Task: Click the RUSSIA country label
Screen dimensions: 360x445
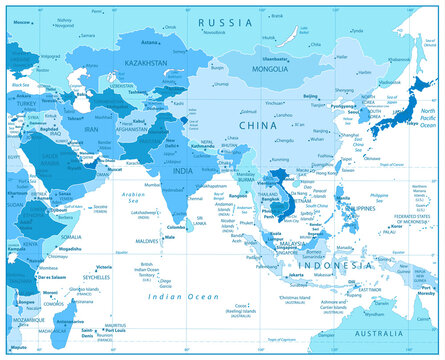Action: pos(226,21)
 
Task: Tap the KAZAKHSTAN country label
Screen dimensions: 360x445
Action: pos(146,61)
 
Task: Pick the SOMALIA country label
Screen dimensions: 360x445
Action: pos(73,236)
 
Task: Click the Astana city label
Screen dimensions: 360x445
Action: pos(151,43)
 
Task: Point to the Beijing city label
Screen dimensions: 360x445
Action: pos(311,97)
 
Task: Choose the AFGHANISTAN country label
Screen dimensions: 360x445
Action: pos(131,129)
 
